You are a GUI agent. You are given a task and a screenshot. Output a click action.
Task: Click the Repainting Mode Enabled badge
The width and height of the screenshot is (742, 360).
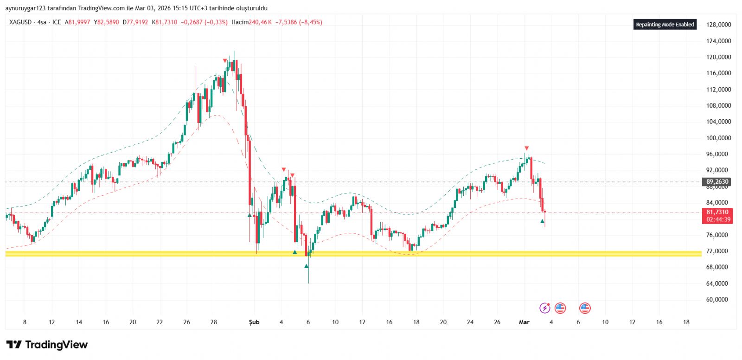(665, 25)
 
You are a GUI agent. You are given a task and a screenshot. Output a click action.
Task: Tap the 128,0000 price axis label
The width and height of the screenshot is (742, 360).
(718, 25)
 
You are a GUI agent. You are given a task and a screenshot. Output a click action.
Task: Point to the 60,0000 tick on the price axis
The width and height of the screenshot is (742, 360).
(717, 300)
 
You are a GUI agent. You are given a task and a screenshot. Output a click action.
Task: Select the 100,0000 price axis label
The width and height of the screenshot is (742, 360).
(718, 138)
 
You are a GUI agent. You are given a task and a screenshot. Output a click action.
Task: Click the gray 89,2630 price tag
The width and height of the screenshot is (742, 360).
(717, 182)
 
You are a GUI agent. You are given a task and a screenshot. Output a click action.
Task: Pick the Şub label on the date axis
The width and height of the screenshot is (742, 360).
(254, 322)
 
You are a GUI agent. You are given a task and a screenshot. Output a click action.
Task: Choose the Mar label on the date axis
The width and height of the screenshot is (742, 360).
(524, 322)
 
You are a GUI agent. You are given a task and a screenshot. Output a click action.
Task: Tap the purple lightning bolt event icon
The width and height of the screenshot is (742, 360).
(545, 308)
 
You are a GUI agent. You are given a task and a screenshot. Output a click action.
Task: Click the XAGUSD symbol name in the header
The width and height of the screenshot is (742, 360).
(20, 22)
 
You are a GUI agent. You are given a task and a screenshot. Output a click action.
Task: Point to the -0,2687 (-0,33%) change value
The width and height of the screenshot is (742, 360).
(204, 22)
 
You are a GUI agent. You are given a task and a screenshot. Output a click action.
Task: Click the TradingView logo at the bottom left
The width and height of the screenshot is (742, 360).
(47, 345)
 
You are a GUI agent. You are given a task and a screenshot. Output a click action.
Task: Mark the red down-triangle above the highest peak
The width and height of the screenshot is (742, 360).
(225, 61)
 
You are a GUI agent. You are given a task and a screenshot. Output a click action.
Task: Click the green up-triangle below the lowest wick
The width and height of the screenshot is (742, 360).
(307, 266)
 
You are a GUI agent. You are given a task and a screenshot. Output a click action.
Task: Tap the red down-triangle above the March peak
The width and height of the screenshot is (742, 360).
(526, 148)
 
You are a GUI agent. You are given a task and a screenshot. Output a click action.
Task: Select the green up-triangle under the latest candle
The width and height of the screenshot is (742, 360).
(542, 221)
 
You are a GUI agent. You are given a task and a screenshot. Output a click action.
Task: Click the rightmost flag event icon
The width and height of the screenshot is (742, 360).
(585, 308)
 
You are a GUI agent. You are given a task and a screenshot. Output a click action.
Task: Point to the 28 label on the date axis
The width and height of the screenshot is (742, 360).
(214, 322)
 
